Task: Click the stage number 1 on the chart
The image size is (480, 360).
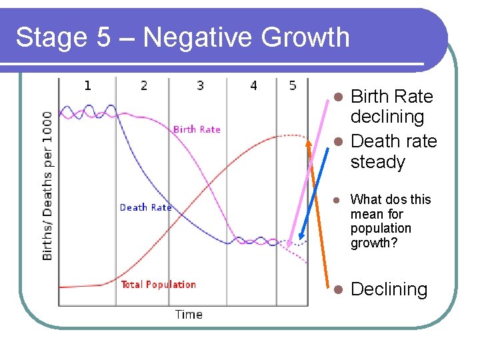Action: (87, 85)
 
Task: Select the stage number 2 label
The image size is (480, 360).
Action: (144, 85)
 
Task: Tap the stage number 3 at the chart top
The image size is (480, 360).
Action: (200, 85)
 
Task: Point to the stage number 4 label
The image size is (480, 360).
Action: (253, 85)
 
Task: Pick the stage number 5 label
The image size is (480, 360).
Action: (293, 85)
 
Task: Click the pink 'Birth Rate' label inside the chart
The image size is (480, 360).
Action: (197, 129)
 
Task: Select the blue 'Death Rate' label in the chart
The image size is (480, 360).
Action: (145, 207)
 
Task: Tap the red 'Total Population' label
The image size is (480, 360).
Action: (159, 285)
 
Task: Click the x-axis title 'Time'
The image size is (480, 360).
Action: (189, 314)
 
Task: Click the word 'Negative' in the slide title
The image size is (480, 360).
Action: (198, 37)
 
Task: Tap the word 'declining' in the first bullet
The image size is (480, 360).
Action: (387, 117)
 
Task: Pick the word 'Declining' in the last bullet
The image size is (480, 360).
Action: (389, 289)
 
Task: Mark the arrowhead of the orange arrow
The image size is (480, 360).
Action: (308, 141)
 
